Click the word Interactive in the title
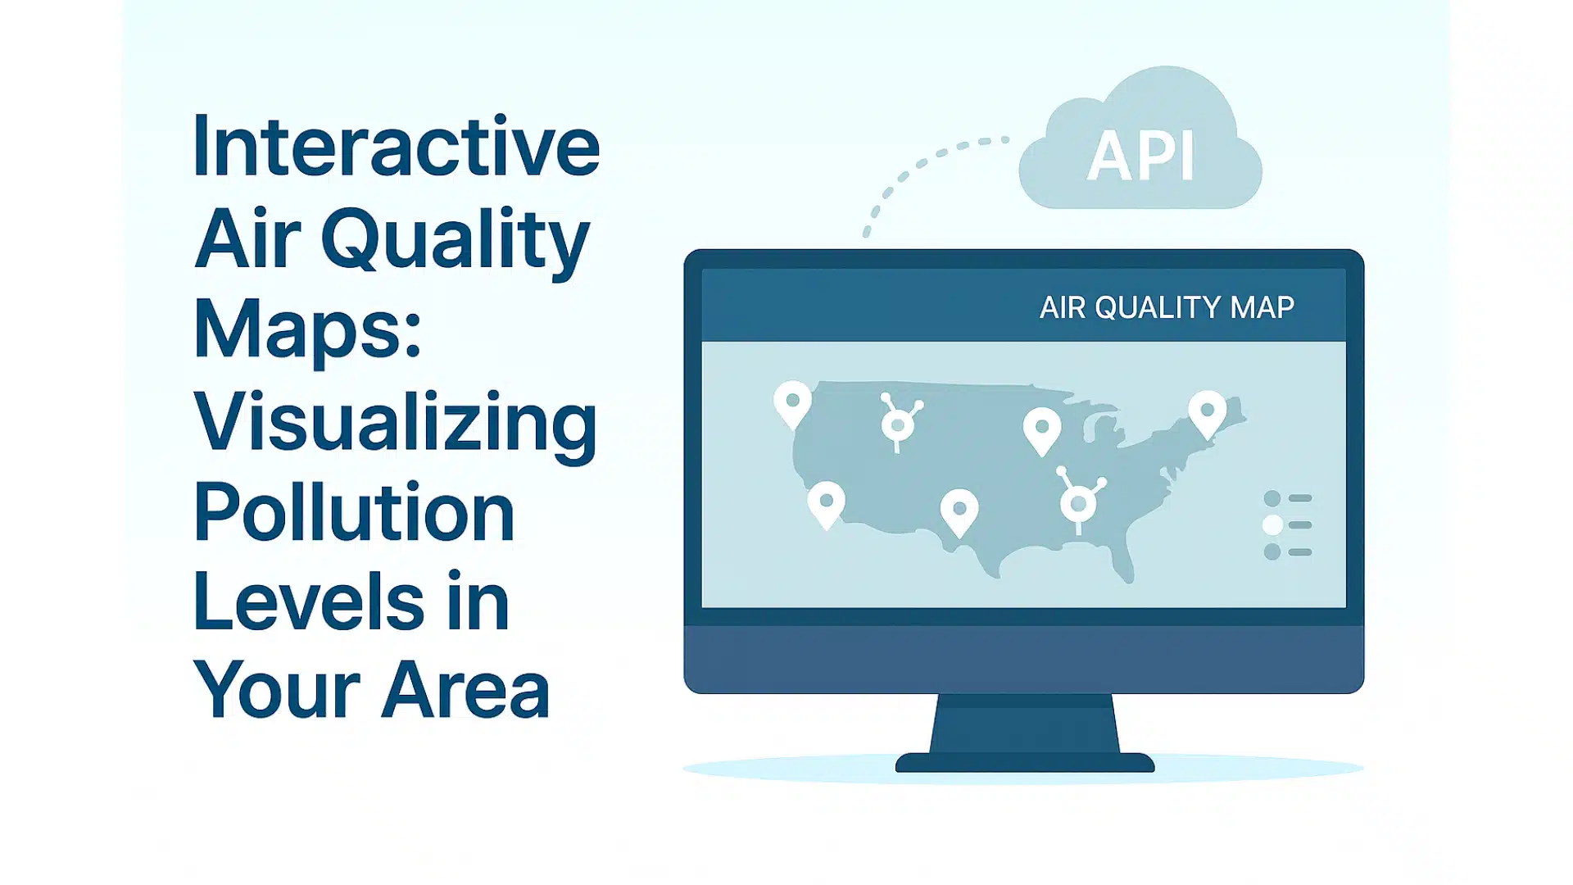(397, 147)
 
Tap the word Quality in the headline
(456, 239)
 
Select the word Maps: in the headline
(307, 329)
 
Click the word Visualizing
(395, 423)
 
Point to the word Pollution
(354, 513)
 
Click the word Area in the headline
(465, 690)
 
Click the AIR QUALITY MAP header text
(1166, 307)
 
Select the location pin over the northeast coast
(1207, 411)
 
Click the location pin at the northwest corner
(792, 402)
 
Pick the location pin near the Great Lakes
(1042, 429)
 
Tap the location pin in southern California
(826, 502)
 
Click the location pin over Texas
(959, 511)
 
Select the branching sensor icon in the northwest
(899, 422)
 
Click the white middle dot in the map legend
(1272, 525)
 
